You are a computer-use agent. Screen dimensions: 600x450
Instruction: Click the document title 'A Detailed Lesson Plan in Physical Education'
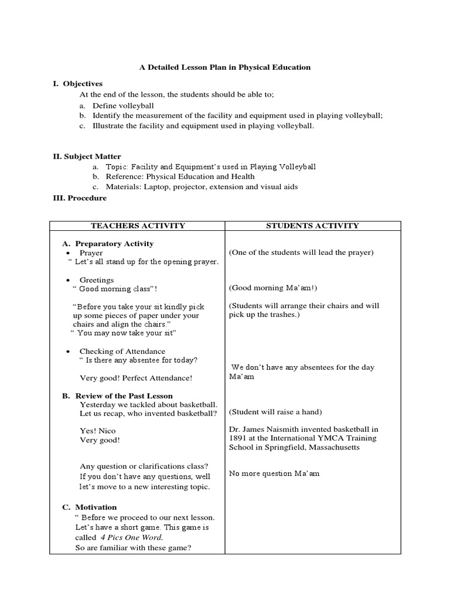coord(224,67)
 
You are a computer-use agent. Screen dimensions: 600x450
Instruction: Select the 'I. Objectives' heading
coord(77,84)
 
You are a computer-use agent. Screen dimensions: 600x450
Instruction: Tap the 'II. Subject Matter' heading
coord(87,156)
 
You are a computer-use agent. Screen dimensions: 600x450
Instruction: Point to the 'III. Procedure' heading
coord(80,198)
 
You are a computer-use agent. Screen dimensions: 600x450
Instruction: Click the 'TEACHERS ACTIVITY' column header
coord(138,226)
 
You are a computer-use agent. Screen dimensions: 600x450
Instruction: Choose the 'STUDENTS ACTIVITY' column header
coord(313,226)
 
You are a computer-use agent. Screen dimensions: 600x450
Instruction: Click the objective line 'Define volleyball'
coord(123,105)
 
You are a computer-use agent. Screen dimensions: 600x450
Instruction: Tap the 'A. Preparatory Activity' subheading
coord(108,244)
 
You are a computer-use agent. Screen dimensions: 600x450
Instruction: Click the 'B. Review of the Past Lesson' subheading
coord(117,396)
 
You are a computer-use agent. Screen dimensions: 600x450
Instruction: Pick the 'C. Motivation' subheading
coord(90,507)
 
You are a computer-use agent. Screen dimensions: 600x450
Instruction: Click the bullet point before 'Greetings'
coord(69,280)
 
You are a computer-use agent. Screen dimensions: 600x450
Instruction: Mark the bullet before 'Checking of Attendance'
coord(69,352)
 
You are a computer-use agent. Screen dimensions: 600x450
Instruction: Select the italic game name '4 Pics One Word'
coord(132,537)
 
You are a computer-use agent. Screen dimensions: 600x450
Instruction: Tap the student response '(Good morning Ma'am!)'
coord(273,288)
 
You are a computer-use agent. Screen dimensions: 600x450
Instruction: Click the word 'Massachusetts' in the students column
coord(330,447)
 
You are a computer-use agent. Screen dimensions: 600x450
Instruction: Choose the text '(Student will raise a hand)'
coord(275,411)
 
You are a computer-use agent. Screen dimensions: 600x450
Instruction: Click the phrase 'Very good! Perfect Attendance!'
coord(135,379)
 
